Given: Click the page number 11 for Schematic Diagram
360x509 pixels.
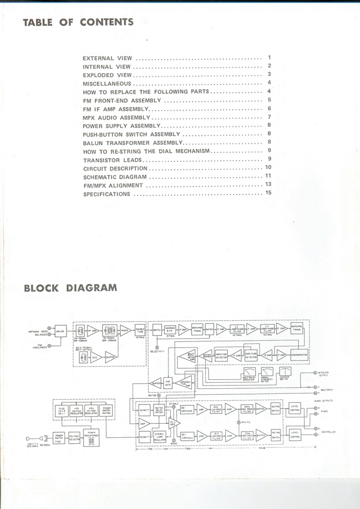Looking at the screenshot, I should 268,176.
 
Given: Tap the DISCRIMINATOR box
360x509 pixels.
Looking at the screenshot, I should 299,355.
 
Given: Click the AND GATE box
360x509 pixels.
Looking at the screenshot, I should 168,383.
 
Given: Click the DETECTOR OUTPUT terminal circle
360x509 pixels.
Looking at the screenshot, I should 315,372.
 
